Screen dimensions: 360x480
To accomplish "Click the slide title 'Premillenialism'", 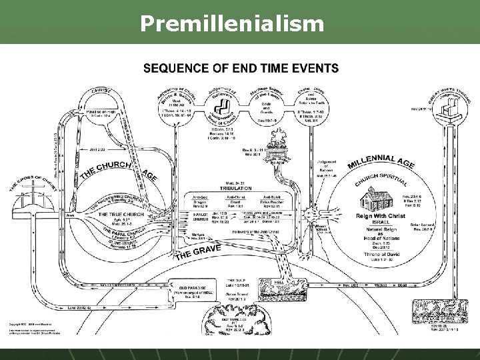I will (x=233, y=25).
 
